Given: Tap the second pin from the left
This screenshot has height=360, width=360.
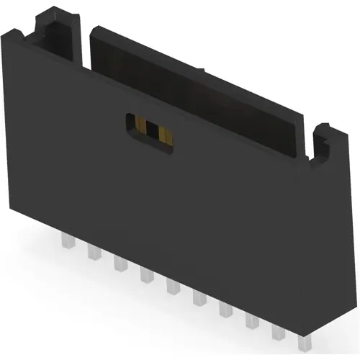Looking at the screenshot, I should [93, 251].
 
